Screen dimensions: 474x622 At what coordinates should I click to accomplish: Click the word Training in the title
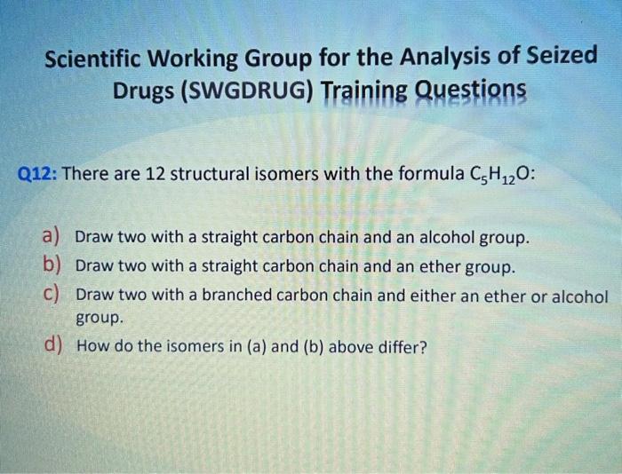362,91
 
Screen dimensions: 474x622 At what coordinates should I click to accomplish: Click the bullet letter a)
50,237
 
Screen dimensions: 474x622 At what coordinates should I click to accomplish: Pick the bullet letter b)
51,265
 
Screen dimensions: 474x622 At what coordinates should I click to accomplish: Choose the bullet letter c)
50,294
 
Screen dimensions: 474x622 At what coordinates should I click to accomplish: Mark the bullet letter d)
51,345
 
